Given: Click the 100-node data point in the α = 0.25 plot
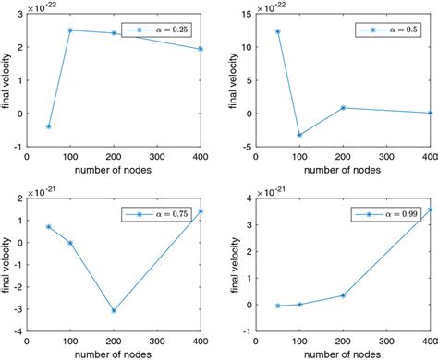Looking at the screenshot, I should pyautogui.click(x=70, y=30).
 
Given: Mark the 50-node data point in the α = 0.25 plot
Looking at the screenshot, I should pyautogui.click(x=48, y=126).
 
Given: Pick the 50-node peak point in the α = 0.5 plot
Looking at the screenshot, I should pyautogui.click(x=276, y=31).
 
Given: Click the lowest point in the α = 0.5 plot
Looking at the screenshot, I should pyautogui.click(x=298, y=135).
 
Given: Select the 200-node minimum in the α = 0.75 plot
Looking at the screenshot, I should pyautogui.click(x=114, y=311).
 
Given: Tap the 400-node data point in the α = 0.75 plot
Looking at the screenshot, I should pyautogui.click(x=201, y=211).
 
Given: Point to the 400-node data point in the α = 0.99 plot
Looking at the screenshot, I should pyautogui.click(x=428, y=210).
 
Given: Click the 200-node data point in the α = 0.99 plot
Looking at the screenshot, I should pyautogui.click(x=342, y=295).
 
